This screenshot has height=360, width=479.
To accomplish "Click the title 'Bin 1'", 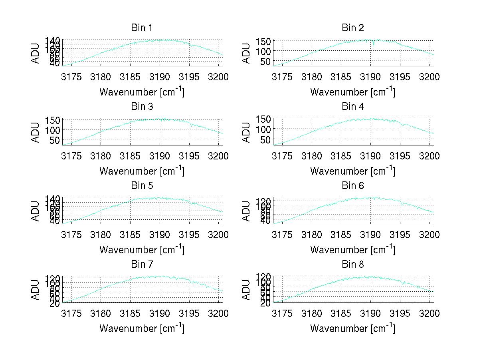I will (x=142, y=28).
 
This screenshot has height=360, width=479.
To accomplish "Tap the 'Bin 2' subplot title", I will (x=353, y=28).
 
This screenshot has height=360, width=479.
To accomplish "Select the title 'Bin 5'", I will (x=142, y=185).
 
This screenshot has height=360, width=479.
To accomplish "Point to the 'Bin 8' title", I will (x=353, y=264).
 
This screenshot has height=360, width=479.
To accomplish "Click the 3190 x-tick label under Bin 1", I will (x=160, y=77).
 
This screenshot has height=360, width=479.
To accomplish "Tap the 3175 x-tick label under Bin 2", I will (x=282, y=77).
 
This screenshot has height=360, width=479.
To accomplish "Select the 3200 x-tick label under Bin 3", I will (x=218, y=156).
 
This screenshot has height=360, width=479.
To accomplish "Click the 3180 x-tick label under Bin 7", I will (x=101, y=314).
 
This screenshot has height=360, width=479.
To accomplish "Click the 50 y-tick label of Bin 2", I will (x=267, y=61).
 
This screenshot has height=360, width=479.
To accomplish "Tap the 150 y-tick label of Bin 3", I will (x=55, y=120).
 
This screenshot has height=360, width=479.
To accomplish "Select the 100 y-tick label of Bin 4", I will (x=264, y=129).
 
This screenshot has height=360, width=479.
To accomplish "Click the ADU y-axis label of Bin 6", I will (x=246, y=211).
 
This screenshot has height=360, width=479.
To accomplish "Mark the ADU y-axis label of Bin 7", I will (x=36, y=289).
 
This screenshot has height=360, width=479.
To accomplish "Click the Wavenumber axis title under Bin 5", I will (x=142, y=250).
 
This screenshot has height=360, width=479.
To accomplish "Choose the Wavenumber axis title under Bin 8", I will (x=353, y=328).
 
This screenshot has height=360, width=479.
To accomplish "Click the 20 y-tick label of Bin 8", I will (x=267, y=303).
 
